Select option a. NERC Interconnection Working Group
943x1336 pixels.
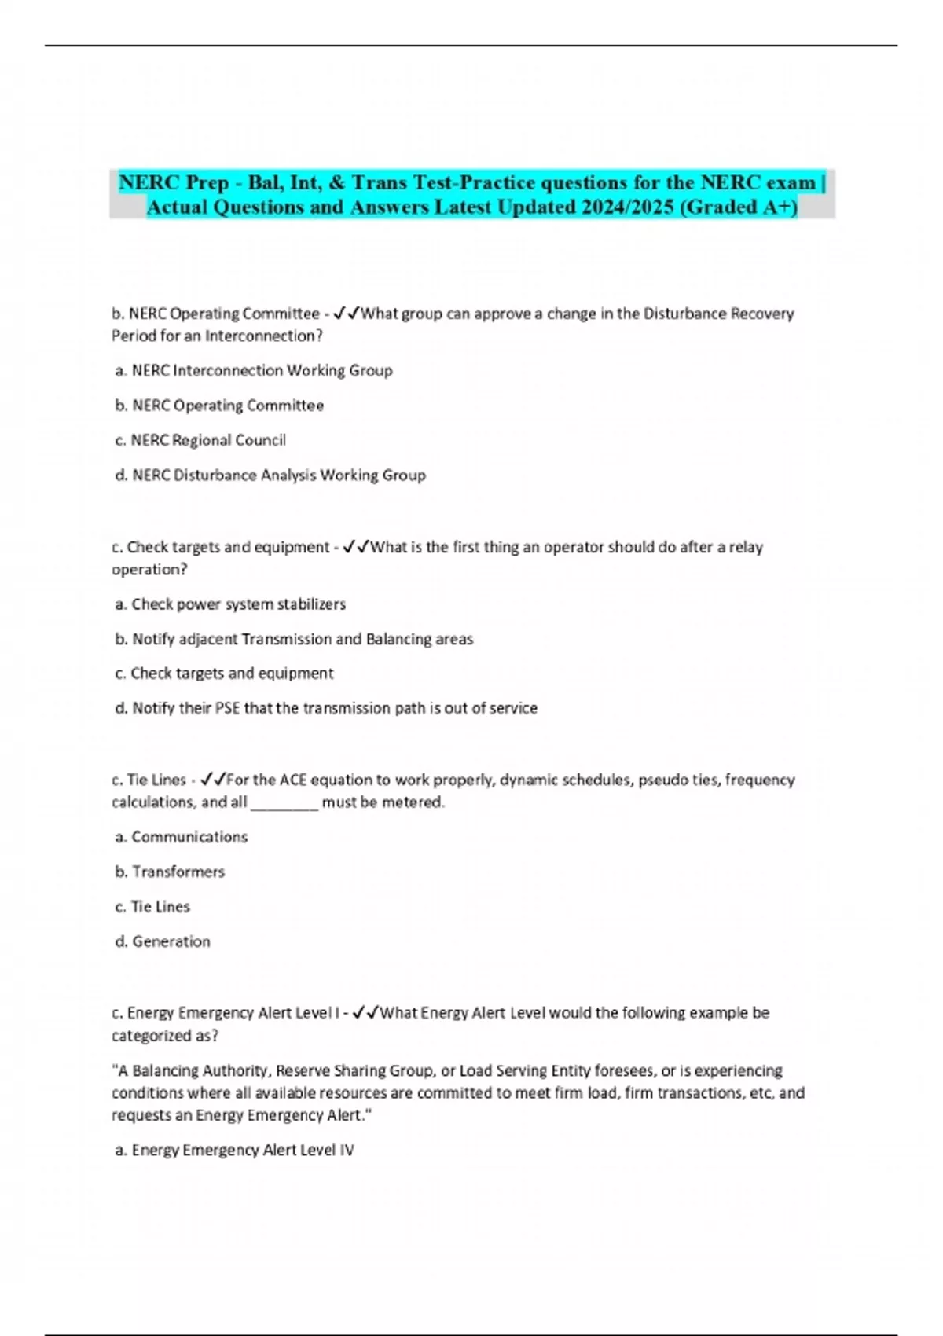pyautogui.click(x=254, y=370)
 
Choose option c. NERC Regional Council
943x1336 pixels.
pyautogui.click(x=200, y=440)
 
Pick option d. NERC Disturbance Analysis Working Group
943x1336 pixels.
pyautogui.click(x=270, y=475)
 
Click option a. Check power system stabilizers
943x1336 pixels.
pyautogui.click(x=230, y=604)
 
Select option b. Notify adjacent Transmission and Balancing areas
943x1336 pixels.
pyautogui.click(x=294, y=639)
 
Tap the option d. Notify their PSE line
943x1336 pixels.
pyautogui.click(x=326, y=708)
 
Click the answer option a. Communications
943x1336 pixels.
pyautogui.click(x=181, y=837)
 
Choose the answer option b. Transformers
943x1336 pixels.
pyautogui.click(x=170, y=872)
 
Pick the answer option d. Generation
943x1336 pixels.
pyautogui.click(x=163, y=941)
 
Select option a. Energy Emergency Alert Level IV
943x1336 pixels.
pyautogui.click(x=234, y=1150)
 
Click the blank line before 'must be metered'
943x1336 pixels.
pyautogui.click(x=284, y=803)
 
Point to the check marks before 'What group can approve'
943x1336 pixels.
pyautogui.click(x=347, y=314)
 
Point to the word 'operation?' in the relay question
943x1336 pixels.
pyautogui.click(x=149, y=569)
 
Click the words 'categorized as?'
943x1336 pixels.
pyautogui.click(x=165, y=1035)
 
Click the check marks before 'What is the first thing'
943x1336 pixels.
pyautogui.click(x=356, y=547)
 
